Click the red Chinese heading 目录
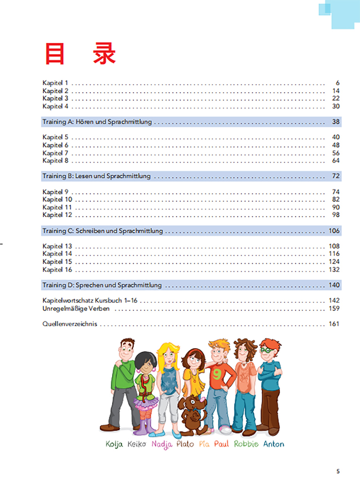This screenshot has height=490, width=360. (80, 54)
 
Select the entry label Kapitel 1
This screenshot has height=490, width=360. (55, 83)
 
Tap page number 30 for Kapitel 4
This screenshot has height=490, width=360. (336, 106)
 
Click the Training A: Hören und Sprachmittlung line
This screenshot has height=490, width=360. (97, 122)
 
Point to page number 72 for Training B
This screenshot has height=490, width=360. (336, 176)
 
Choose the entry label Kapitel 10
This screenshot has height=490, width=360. (57, 200)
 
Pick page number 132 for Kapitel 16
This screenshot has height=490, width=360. (334, 269)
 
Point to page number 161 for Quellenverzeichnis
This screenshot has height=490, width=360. (334, 325)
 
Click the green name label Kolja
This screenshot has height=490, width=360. (114, 444)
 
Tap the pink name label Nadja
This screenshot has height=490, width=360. (161, 444)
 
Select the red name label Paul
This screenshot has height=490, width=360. (221, 444)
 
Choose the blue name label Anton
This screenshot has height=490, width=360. (273, 444)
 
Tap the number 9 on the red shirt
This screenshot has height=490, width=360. (216, 374)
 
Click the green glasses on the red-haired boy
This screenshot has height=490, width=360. (266, 350)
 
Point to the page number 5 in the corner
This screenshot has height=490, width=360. (338, 471)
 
